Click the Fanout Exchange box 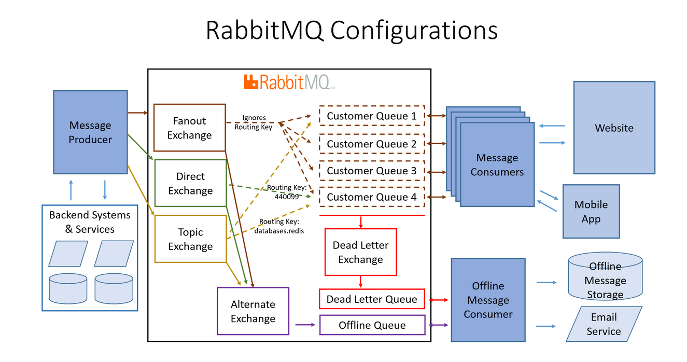pyautogui.click(x=190, y=128)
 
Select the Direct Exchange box pyautogui.click(x=190, y=184)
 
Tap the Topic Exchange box pyautogui.click(x=190, y=239)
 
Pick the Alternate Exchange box pyautogui.click(x=253, y=311)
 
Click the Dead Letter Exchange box pyautogui.click(x=360, y=252)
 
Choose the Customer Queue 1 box pyautogui.click(x=371, y=116)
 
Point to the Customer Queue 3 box pyautogui.click(x=371, y=171)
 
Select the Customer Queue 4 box pyautogui.click(x=371, y=197)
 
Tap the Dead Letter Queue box pyautogui.click(x=371, y=299)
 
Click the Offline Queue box pyautogui.click(x=372, y=325)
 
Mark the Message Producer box pyautogui.click(x=90, y=132)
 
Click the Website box pyautogui.click(x=614, y=128)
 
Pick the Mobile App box pyautogui.click(x=591, y=211)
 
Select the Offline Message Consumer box pyautogui.click(x=487, y=300)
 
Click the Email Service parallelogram pyautogui.click(x=604, y=324)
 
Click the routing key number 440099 pyautogui.click(x=286, y=197)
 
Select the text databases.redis pyautogui.click(x=279, y=230)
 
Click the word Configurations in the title pyautogui.click(x=413, y=30)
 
